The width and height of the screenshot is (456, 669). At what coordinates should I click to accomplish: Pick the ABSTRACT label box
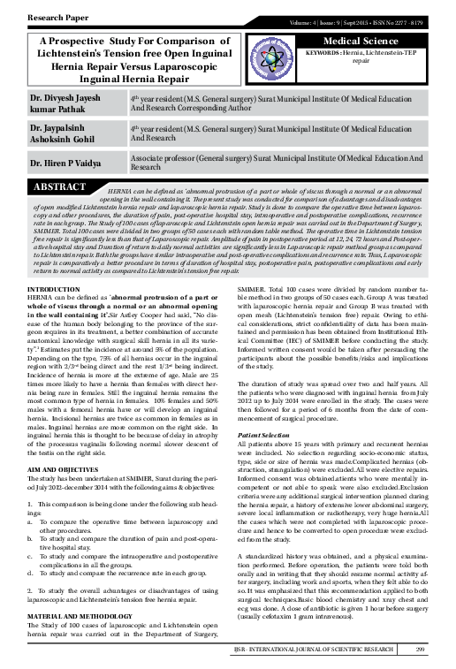tap(61, 187)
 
